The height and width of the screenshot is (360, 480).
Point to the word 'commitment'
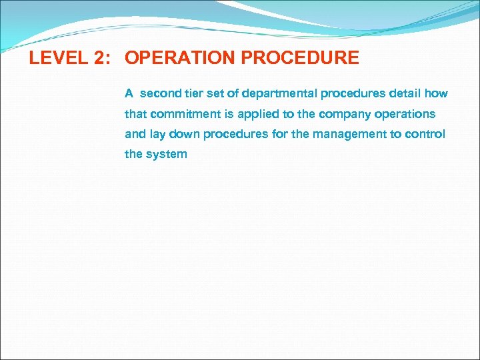point(181,114)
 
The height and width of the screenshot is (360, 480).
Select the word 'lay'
point(157,134)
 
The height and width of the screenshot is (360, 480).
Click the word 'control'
point(425,134)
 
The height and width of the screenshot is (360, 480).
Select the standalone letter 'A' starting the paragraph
point(129,93)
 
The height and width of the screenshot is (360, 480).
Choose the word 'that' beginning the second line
point(135,114)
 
